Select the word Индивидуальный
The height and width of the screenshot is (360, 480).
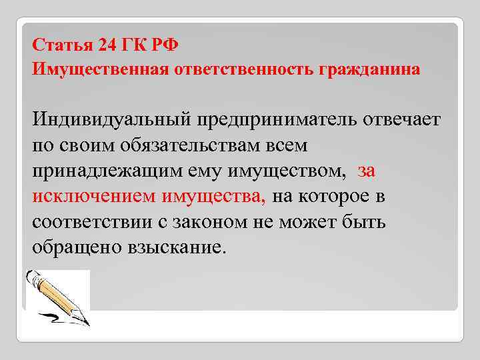click(x=110, y=122)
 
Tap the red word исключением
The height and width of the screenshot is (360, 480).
click(x=93, y=196)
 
